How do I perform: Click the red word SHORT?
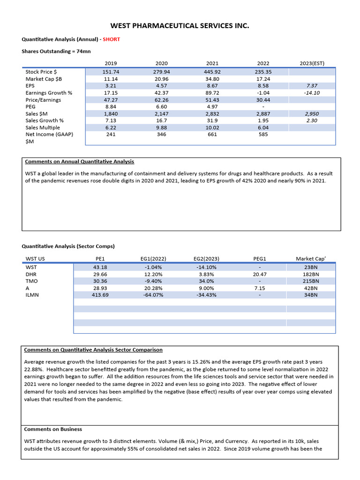(111, 39)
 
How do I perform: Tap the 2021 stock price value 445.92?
(212, 72)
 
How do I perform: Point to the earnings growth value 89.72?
(212, 93)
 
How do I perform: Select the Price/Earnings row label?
(43, 100)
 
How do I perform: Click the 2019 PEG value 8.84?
(111, 107)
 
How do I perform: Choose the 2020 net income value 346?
(161, 135)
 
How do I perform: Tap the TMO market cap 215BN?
(311, 281)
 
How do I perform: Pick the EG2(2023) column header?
(206, 258)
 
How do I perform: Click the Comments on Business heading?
(52, 429)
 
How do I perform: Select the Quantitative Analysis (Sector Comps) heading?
(68, 246)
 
